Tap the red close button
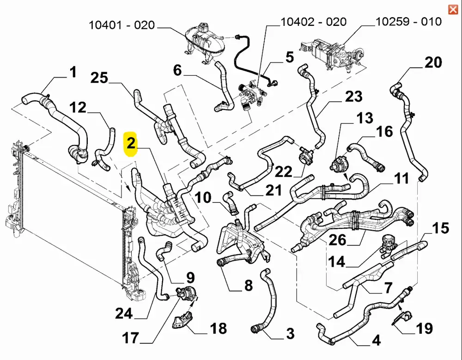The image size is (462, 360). tap(453, 9)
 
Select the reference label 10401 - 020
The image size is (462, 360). tap(122, 25)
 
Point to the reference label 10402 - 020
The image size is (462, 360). tap(313, 22)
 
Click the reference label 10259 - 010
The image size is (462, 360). tap(408, 21)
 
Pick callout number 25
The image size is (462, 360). tap(99, 78)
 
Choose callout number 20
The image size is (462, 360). tap(433, 62)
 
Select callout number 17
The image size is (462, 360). tap(131, 338)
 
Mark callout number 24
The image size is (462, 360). tap(124, 314)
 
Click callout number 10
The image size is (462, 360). tap(202, 198)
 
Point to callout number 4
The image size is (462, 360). tap(376, 341)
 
